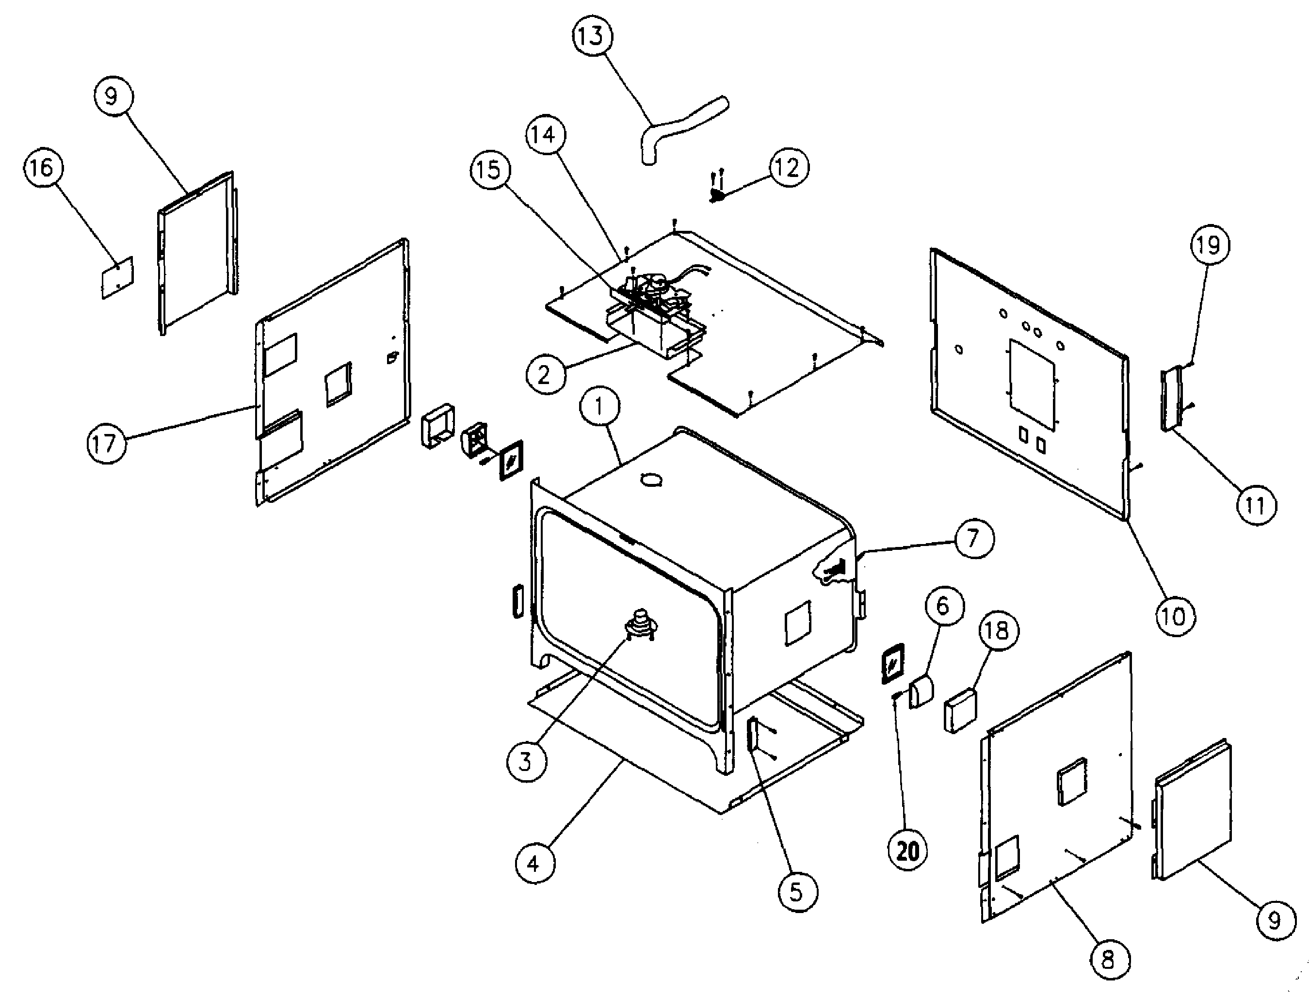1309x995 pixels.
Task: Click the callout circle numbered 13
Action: pos(592,36)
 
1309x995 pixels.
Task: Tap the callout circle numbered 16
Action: pos(42,168)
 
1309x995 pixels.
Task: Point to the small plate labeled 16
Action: pos(118,277)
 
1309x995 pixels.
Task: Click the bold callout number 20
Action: pos(907,851)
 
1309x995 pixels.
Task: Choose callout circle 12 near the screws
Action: pos(788,168)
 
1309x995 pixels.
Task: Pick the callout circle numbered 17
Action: pos(106,443)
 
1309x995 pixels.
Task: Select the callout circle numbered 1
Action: pos(599,407)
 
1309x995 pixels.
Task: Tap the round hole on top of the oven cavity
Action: pos(651,480)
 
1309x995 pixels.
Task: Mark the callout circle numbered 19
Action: pos(1209,244)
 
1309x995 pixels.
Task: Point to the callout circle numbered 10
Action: pos(1175,616)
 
